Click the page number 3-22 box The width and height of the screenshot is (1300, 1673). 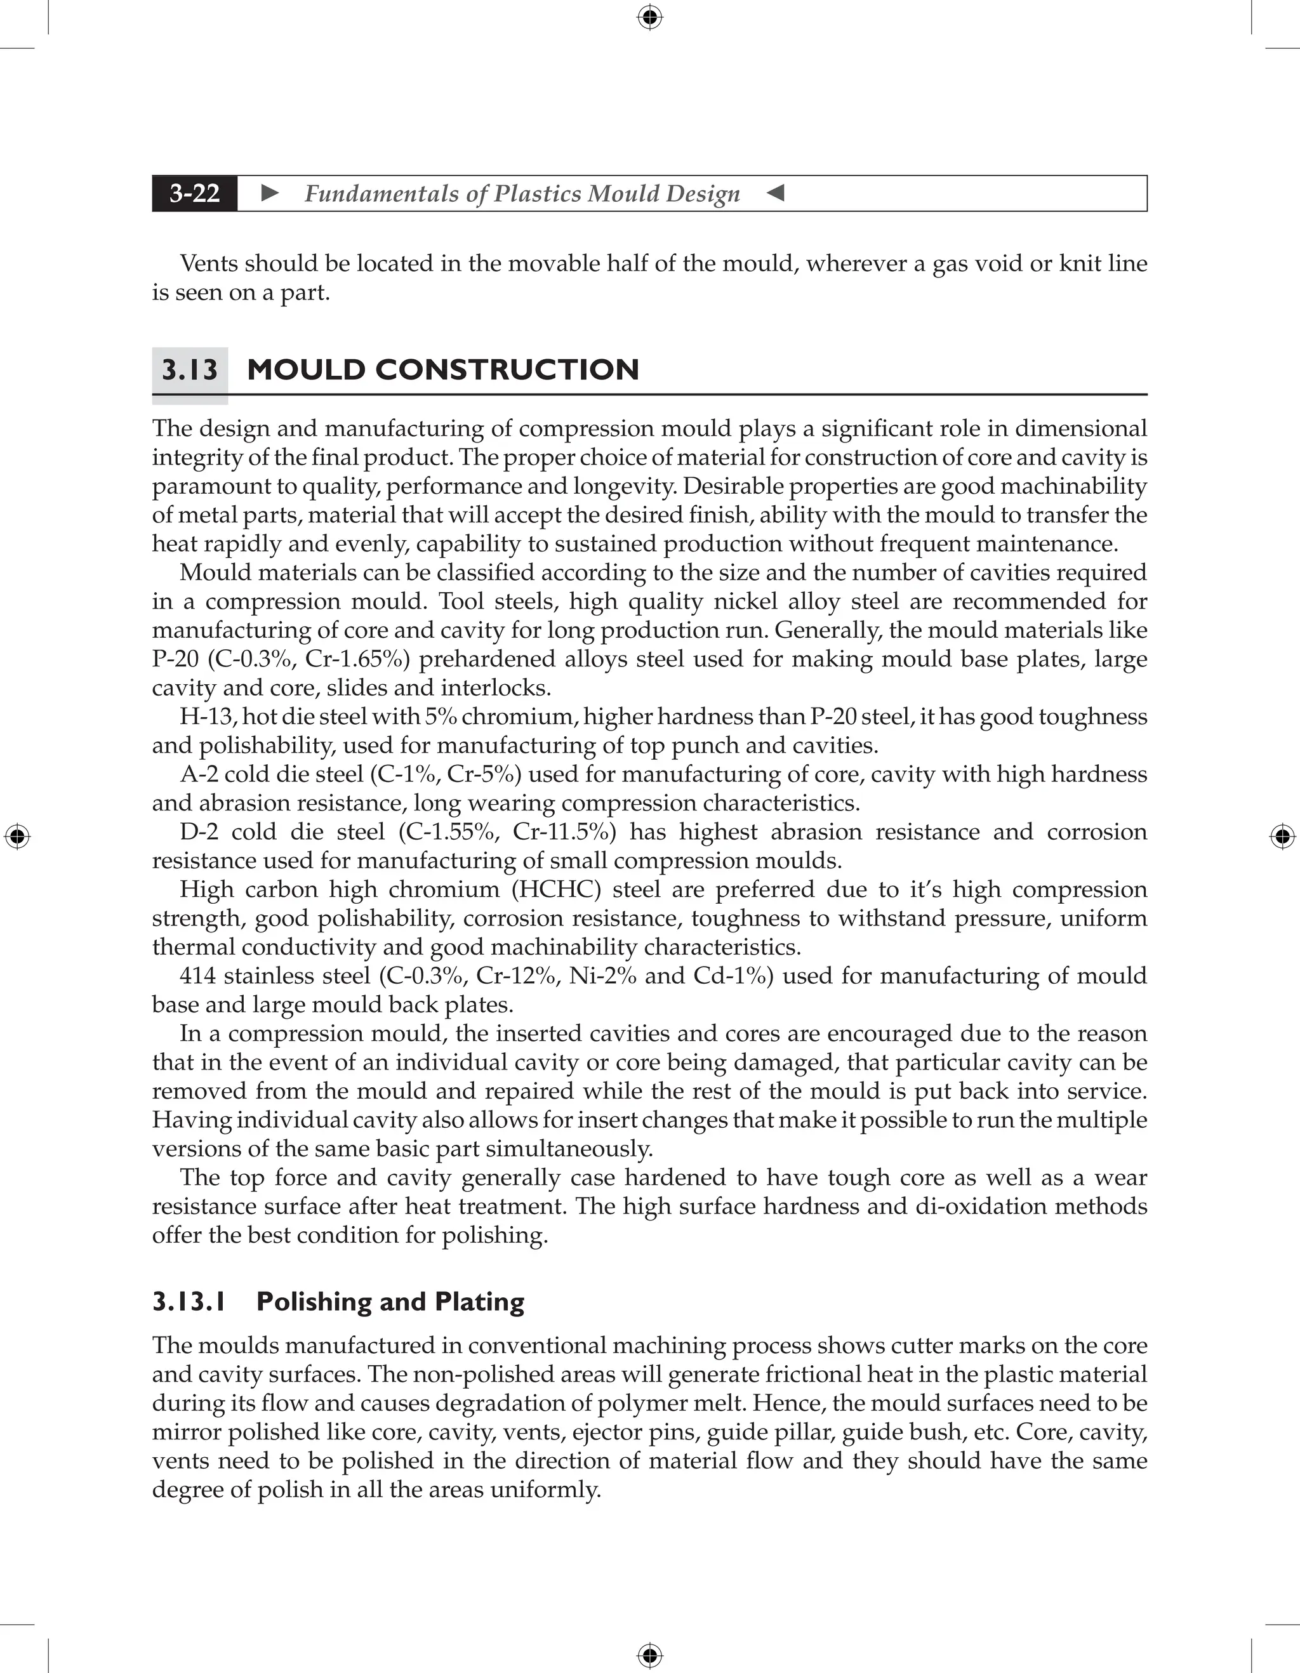tap(195, 193)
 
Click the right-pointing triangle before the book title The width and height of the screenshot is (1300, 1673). tap(270, 193)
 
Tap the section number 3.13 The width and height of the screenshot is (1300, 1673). tap(189, 370)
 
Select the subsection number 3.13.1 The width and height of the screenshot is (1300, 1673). tap(189, 1302)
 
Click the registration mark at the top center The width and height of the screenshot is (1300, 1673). tap(649, 17)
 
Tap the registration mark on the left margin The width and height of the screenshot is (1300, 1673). tap(17, 836)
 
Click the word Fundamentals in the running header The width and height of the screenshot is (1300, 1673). tap(380, 194)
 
